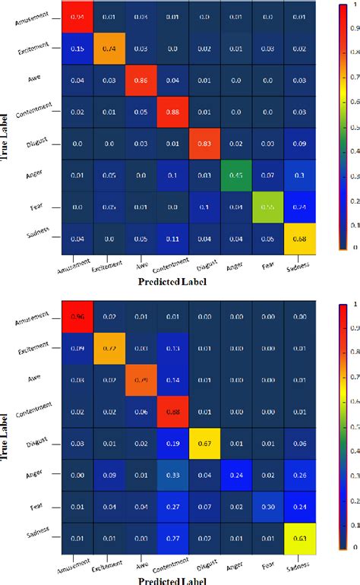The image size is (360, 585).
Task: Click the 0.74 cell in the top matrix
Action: [x=111, y=49]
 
